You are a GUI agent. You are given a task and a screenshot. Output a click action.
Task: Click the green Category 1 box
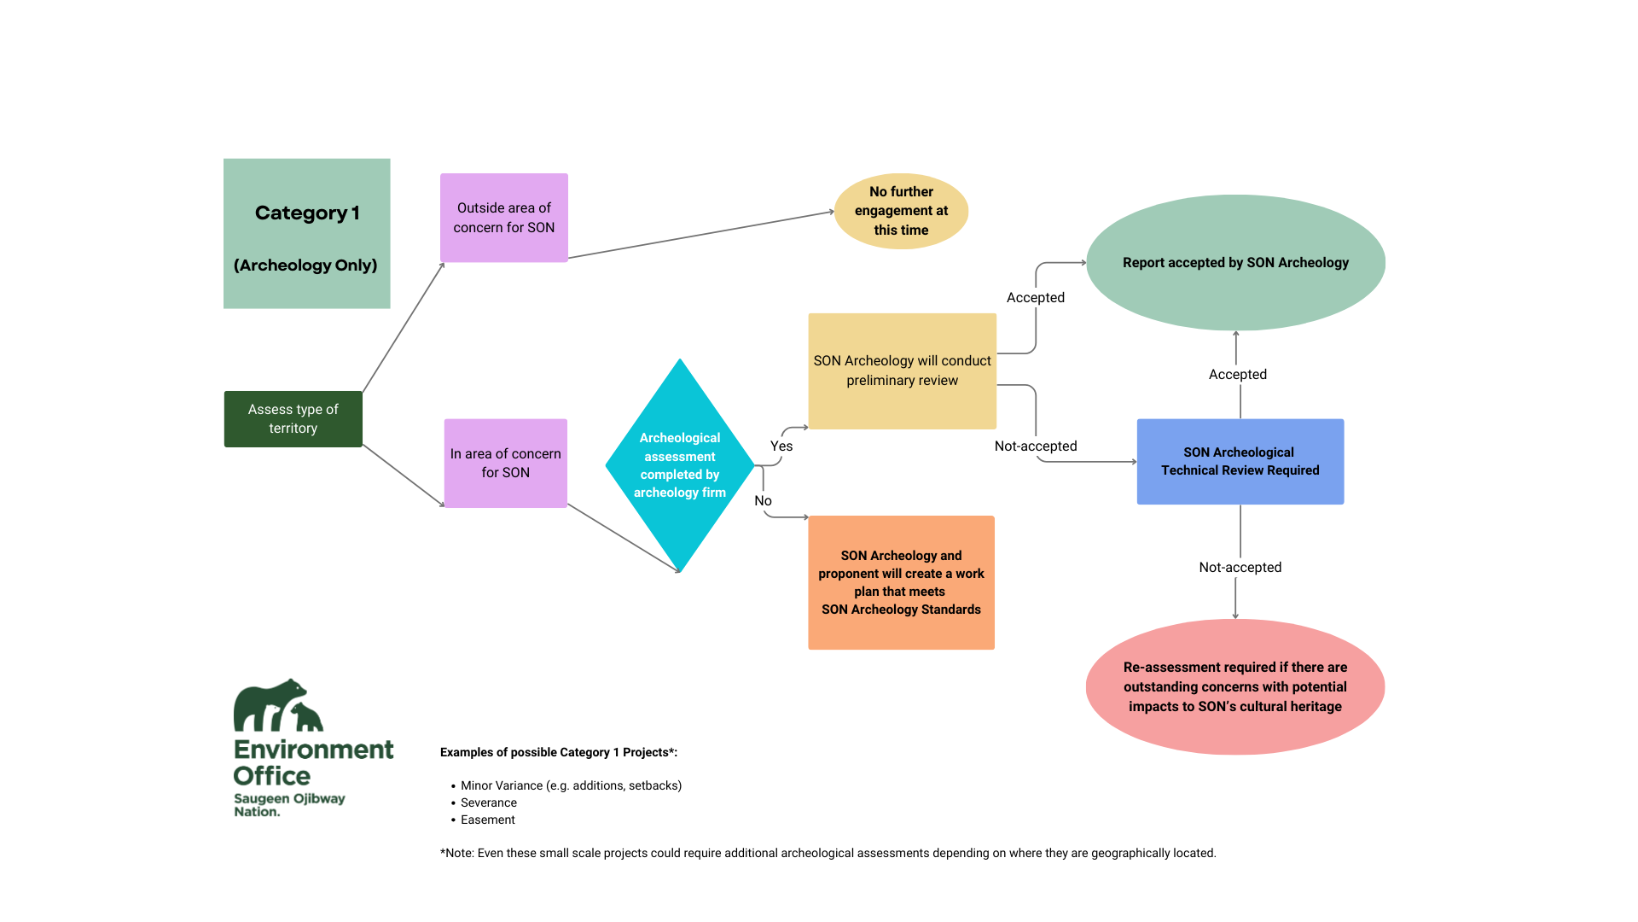pos(306,233)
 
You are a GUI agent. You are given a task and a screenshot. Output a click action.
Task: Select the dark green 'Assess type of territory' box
pos(293,419)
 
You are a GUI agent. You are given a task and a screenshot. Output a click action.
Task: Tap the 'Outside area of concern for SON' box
pos(503,218)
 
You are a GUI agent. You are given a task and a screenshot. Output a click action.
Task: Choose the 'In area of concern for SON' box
pos(505,464)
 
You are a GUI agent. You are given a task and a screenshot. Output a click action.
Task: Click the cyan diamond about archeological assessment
pos(679,465)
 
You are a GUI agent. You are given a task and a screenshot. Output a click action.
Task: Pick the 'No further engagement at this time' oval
pos(901,211)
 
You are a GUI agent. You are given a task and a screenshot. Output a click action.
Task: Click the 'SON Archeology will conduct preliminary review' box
pos(902,371)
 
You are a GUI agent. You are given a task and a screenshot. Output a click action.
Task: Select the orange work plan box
pos(901,582)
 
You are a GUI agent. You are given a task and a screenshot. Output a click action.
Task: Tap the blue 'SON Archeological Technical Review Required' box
pos(1240,462)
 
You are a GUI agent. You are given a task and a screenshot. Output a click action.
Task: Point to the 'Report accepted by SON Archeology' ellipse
pos(1235,263)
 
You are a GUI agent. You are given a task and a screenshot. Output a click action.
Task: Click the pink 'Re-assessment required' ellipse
pos(1234,686)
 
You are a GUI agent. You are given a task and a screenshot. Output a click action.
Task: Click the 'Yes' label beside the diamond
pos(781,446)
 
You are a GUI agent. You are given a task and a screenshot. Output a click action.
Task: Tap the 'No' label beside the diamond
pos(763,501)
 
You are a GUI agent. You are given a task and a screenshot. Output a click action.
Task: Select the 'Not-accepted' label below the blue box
pos(1240,567)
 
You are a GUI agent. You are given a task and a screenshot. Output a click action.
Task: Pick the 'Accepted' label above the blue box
pos(1237,374)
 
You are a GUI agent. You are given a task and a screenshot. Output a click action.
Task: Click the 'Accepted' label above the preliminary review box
pos(1035,297)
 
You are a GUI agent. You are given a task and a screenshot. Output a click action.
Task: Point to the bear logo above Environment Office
pos(277,706)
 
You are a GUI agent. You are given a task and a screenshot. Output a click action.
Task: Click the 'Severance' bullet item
pos(488,802)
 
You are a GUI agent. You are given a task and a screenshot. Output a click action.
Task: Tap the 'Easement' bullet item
pos(487,820)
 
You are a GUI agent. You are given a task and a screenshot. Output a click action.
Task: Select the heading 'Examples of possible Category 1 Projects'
pos(558,752)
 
